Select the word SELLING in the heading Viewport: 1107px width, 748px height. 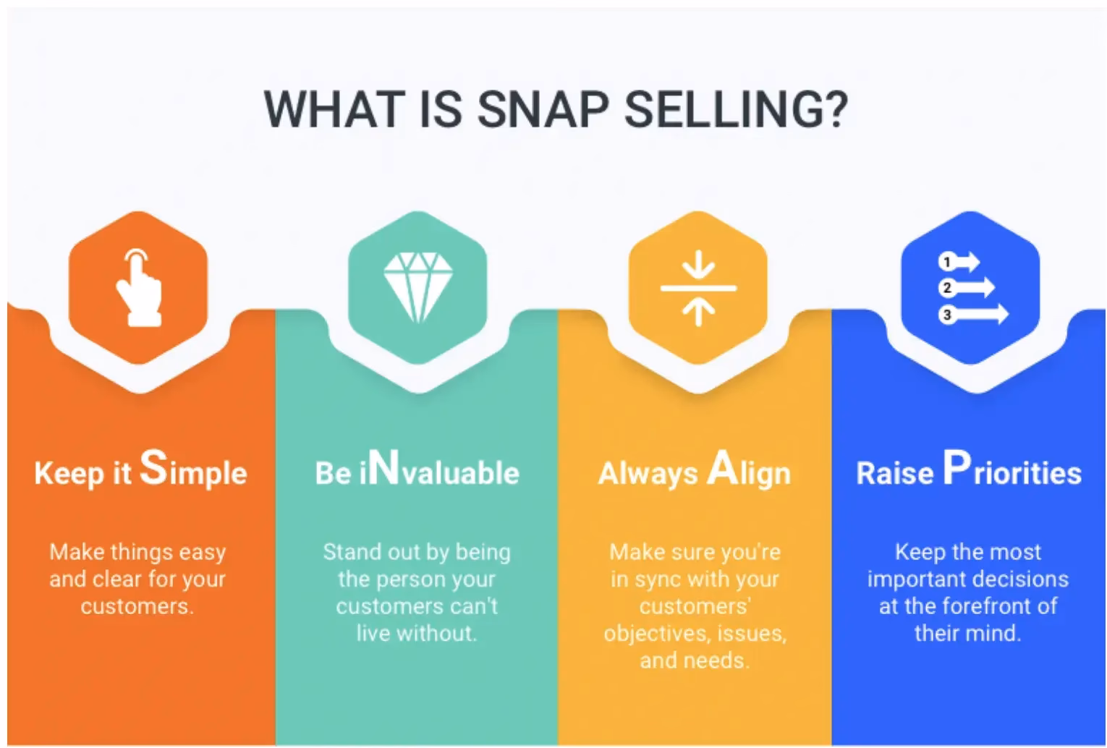[x=724, y=109]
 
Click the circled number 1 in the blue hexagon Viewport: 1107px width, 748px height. [x=946, y=261]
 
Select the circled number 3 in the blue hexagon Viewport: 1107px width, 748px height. [x=946, y=315]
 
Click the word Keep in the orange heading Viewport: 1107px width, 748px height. [x=69, y=473]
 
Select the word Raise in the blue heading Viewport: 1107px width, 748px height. [x=894, y=473]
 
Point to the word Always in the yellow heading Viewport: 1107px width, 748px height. [x=648, y=473]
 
